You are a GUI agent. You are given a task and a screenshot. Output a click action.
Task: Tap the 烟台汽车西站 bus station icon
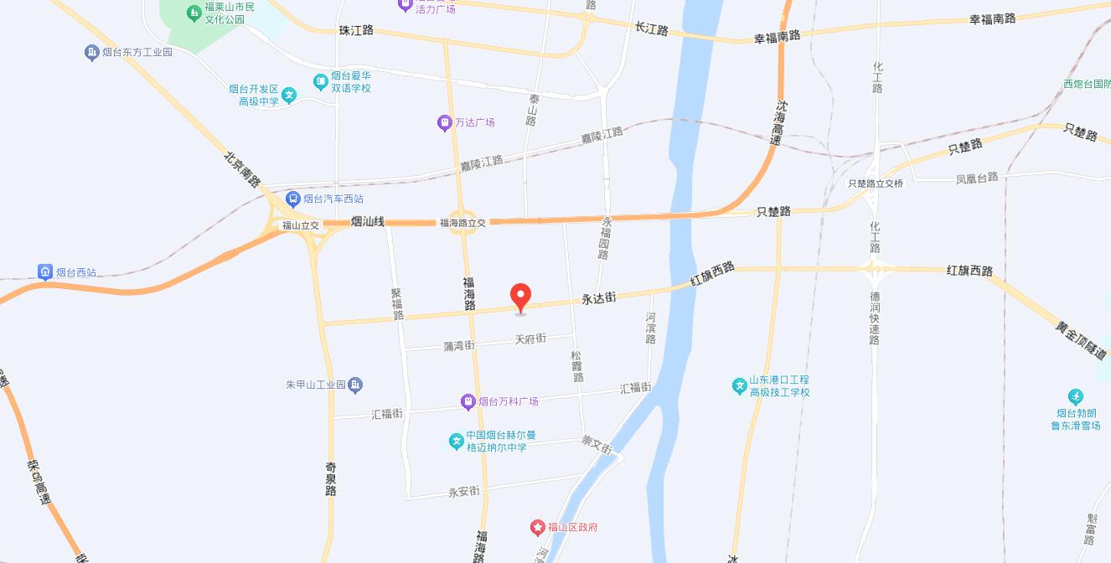tap(292, 199)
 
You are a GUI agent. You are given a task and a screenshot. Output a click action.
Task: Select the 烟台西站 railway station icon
tap(45, 271)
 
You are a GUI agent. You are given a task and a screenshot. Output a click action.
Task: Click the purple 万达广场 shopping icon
tap(444, 122)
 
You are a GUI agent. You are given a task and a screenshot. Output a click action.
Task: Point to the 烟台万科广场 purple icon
tap(468, 402)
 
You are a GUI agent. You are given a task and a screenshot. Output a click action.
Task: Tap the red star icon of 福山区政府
tap(537, 527)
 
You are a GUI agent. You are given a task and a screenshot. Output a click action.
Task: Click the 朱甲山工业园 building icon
tap(355, 385)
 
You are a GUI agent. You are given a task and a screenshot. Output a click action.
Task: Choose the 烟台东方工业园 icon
tap(91, 52)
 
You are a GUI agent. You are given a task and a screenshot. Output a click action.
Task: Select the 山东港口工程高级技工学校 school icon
tap(739, 385)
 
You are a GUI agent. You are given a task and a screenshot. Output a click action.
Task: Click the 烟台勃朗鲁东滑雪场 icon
tap(1076, 396)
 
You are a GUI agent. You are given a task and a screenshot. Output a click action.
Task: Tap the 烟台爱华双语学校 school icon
tap(320, 81)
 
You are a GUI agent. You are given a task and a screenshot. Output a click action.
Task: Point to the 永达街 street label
tap(599, 297)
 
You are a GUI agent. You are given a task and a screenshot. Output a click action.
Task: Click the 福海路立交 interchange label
tap(462, 223)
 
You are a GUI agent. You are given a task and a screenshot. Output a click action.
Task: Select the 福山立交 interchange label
tap(300, 225)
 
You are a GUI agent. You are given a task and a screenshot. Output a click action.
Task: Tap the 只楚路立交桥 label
tap(876, 183)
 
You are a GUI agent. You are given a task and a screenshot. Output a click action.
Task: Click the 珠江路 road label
tap(355, 30)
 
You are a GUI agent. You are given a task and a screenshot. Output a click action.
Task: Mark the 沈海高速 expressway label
tap(779, 123)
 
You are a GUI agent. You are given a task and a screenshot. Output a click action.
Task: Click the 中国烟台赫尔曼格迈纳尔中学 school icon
tap(456, 441)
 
